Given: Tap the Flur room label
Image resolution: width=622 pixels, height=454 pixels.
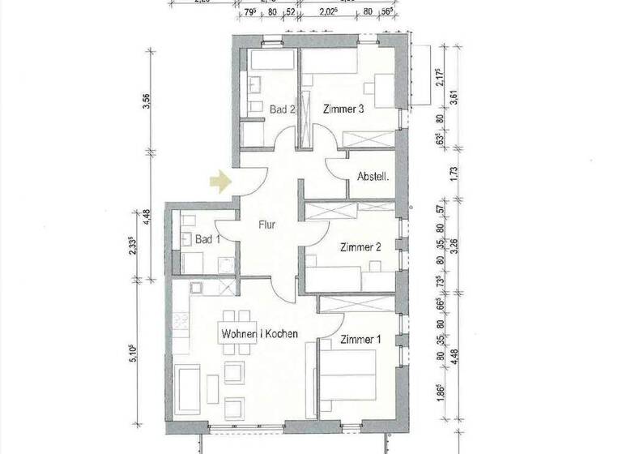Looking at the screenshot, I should [x=268, y=226].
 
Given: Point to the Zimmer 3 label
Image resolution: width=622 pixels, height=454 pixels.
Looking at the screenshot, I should [x=343, y=109].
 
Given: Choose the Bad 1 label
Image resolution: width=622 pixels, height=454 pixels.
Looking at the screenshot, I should [x=208, y=239].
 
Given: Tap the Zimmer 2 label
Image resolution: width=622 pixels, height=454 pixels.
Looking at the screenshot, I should [x=360, y=247].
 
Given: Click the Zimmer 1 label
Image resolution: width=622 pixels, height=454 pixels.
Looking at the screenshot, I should [x=360, y=340].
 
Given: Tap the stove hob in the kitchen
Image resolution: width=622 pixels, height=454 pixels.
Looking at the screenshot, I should [x=196, y=288].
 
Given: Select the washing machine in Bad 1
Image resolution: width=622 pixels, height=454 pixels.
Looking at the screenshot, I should [x=227, y=264].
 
